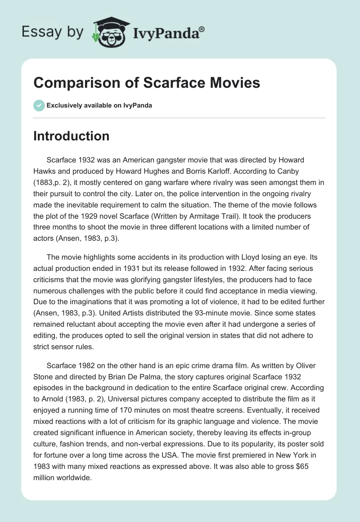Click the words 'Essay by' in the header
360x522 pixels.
click(x=52, y=32)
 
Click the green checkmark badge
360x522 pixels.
click(x=38, y=105)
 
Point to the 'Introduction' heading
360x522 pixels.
click(x=71, y=136)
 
